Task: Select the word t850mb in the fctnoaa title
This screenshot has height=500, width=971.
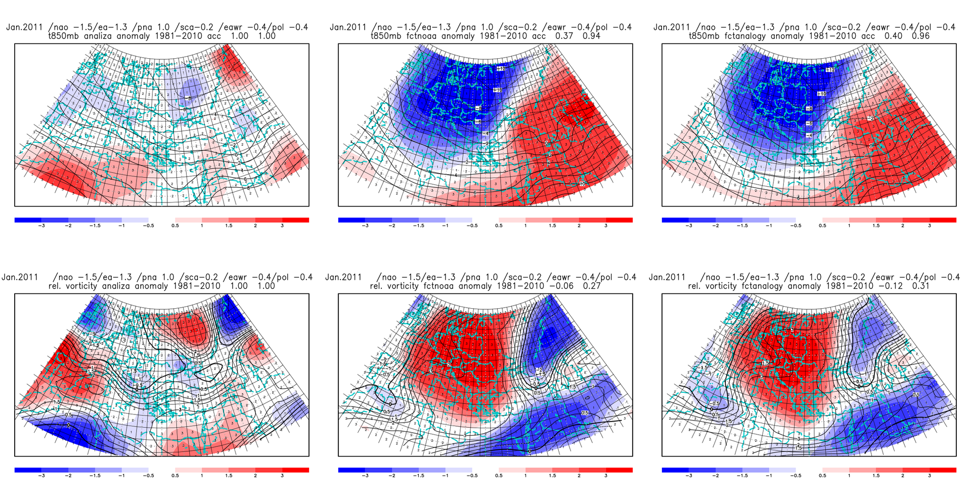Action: click(387, 36)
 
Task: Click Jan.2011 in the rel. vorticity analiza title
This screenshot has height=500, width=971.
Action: click(20, 277)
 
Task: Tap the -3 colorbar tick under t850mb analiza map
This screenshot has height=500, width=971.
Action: click(41, 226)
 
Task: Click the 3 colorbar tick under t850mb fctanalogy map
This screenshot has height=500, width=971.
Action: click(930, 226)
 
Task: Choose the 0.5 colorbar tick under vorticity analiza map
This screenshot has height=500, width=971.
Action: click(175, 476)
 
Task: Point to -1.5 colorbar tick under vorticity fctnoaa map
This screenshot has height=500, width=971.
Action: click(418, 476)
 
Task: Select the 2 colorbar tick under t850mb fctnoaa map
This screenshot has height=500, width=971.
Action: click(579, 226)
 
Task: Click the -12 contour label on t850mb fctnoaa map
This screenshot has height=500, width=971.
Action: click(501, 68)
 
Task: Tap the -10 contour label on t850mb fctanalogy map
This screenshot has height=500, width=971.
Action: click(822, 94)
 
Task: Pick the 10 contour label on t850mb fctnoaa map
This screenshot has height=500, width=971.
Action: click(582, 184)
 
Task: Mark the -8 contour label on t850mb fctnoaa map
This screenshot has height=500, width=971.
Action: click(478, 108)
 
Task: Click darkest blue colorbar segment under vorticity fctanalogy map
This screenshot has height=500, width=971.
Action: click(675, 470)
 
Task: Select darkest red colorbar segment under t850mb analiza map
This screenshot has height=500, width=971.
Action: click(295, 220)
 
